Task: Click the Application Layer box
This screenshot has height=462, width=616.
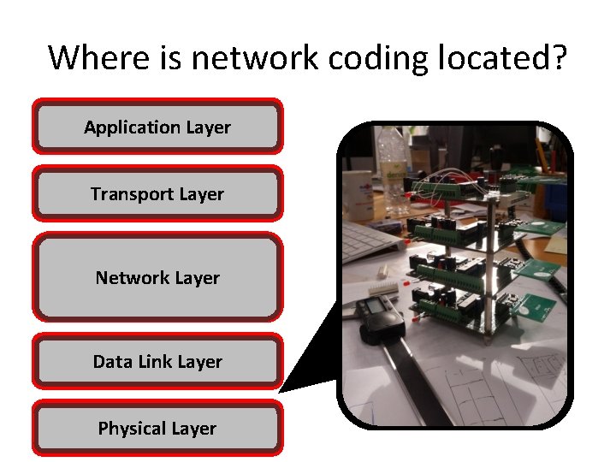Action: tap(157, 127)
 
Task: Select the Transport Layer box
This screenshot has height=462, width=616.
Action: tap(157, 194)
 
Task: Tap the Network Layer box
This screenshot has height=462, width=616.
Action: tap(157, 278)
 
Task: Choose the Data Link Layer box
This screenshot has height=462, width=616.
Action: tap(157, 362)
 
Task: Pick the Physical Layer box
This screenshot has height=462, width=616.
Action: tap(157, 429)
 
